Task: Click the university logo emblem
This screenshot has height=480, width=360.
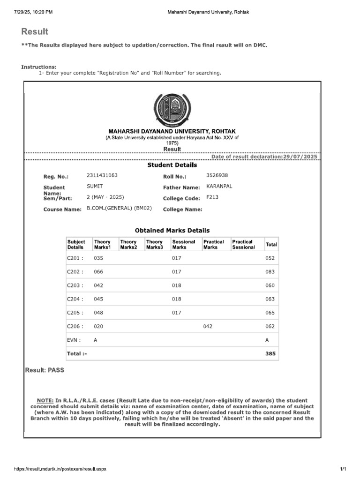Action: pyautogui.click(x=172, y=109)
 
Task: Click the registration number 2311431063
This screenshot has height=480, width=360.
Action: pyautogui.click(x=102, y=175)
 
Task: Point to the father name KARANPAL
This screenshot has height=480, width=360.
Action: pyautogui.click(x=219, y=186)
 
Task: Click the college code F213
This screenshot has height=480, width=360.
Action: pyautogui.click(x=212, y=197)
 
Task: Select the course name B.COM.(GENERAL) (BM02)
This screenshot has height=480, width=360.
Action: pyautogui.click(x=119, y=208)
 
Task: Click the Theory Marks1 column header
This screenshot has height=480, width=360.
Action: pyautogui.click(x=102, y=244)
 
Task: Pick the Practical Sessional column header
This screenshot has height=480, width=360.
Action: pyautogui.click(x=244, y=244)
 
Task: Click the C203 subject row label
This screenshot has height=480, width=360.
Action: pyautogui.click(x=75, y=285)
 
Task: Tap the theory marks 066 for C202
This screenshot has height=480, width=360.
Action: pyautogui.click(x=98, y=271)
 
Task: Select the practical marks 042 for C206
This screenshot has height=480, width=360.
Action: pyautogui.click(x=208, y=326)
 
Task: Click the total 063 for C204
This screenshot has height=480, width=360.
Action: pyautogui.click(x=270, y=299)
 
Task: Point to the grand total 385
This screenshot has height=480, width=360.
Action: pyautogui.click(x=270, y=353)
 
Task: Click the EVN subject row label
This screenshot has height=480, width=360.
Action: pyautogui.click(x=74, y=340)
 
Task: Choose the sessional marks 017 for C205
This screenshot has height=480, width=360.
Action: pyautogui.click(x=176, y=312)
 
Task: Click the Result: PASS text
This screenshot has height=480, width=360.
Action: pyautogui.click(x=45, y=370)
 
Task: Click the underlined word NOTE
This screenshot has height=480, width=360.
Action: pyautogui.click(x=45, y=400)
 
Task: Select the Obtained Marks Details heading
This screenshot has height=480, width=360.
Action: pyautogui.click(x=172, y=230)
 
